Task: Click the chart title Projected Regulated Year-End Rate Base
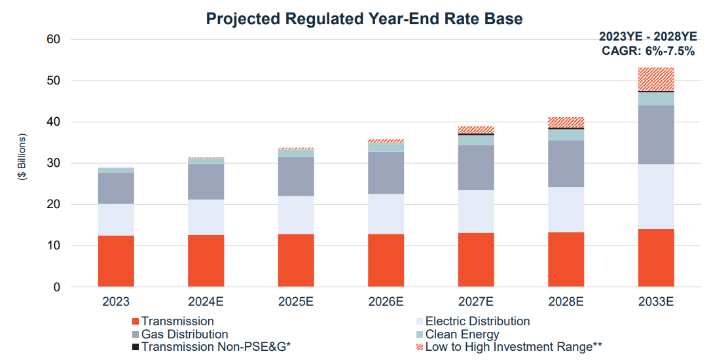click(364, 18)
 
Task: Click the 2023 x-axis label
click(116, 302)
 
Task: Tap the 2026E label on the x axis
click(386, 302)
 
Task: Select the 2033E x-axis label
click(655, 302)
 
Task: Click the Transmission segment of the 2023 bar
click(116, 261)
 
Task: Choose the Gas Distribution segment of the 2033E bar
click(655, 135)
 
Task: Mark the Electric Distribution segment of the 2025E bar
click(296, 215)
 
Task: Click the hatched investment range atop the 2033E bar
click(655, 79)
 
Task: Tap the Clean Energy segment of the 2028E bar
click(566, 135)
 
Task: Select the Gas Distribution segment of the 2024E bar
click(206, 182)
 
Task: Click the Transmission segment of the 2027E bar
click(476, 260)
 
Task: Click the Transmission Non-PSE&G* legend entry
click(215, 347)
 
